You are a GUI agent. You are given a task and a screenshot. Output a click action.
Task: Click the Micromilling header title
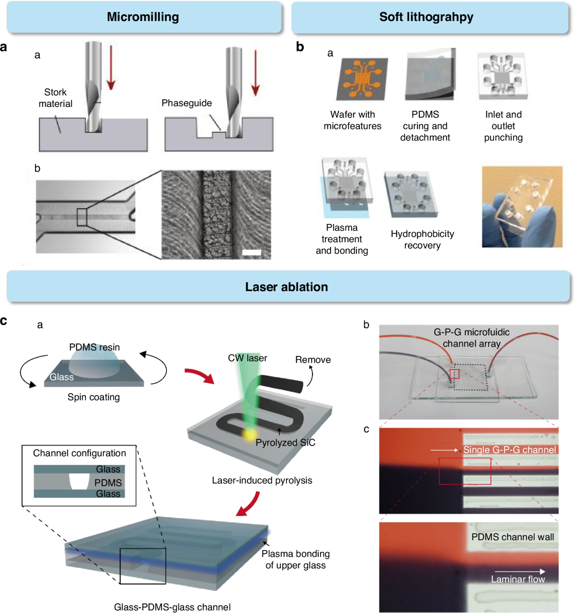143,17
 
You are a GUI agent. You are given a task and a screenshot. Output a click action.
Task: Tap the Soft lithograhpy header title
426,17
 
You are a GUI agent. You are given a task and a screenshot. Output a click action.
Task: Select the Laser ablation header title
287,287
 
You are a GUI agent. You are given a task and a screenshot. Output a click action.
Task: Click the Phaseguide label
186,103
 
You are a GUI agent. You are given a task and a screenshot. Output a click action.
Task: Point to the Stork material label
56,98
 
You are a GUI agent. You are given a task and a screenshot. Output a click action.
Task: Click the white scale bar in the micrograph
252,252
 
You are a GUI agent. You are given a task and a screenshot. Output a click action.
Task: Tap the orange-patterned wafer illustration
362,79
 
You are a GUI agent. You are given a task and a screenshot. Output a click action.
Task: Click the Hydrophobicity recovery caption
422,239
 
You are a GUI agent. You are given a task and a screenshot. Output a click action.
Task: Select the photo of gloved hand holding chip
522,207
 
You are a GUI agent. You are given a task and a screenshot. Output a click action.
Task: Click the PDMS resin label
94,347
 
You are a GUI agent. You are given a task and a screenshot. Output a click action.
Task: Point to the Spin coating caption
93,397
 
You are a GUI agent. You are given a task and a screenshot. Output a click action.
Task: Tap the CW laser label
247,358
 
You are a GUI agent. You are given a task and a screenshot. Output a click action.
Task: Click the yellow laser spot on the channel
249,435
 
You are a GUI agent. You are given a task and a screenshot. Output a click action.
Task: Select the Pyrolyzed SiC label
285,442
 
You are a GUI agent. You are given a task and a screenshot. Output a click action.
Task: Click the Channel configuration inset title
80,453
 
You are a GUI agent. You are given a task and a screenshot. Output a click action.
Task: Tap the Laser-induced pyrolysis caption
262,480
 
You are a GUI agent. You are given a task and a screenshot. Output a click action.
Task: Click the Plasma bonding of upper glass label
296,559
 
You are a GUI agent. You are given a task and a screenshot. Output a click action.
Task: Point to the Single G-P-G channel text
509,450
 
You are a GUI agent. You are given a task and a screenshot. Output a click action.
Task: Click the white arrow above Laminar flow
519,571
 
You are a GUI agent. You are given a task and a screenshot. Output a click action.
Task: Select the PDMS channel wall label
513,537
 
